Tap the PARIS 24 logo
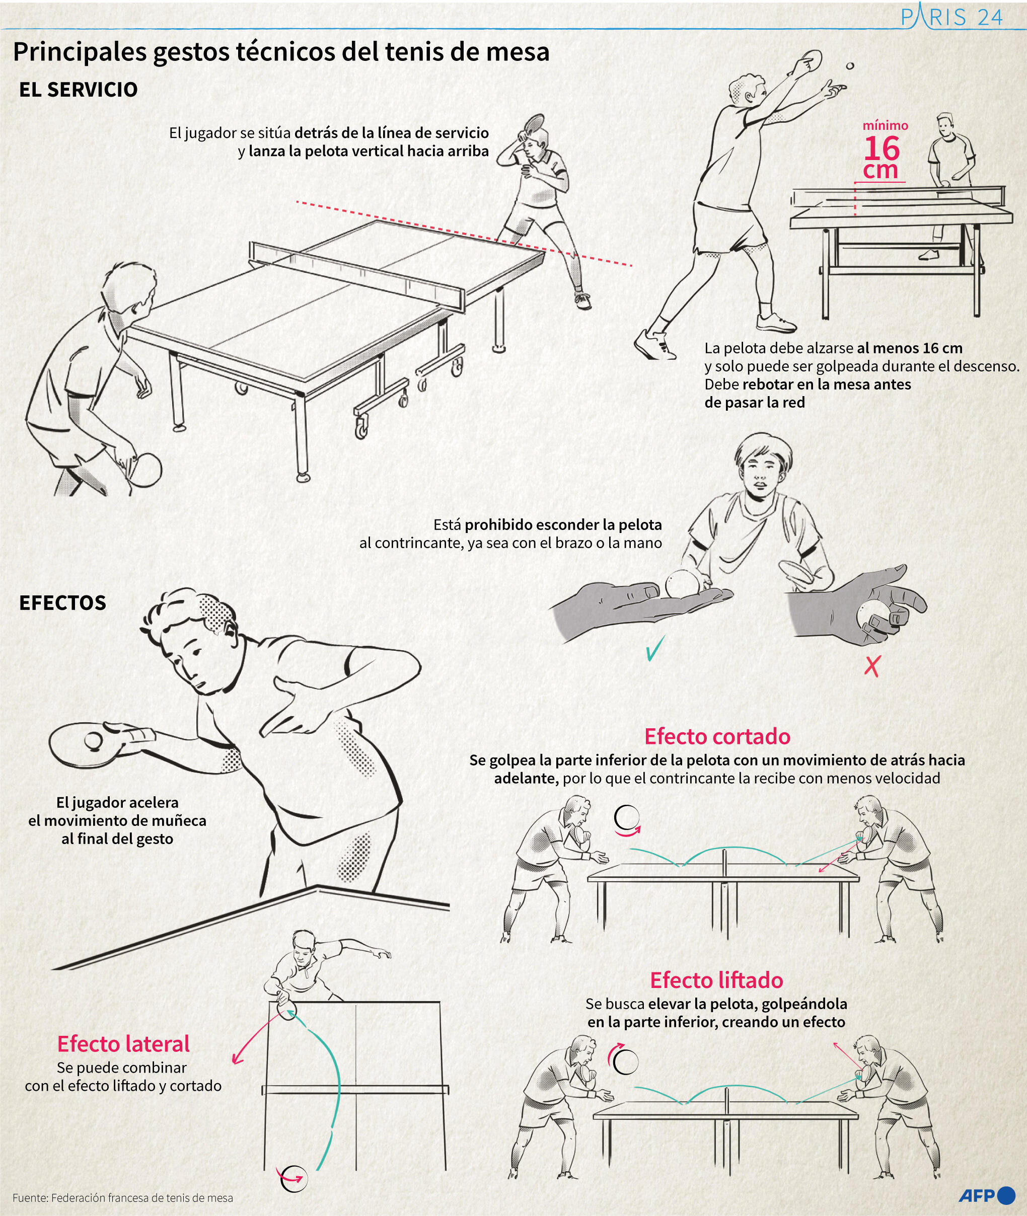[951, 17]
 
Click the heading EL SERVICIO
[78, 90]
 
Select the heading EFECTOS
[63, 602]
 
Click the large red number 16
[882, 148]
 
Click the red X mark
[871, 665]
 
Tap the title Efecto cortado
[717, 736]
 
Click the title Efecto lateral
[123, 1044]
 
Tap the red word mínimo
[885, 125]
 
